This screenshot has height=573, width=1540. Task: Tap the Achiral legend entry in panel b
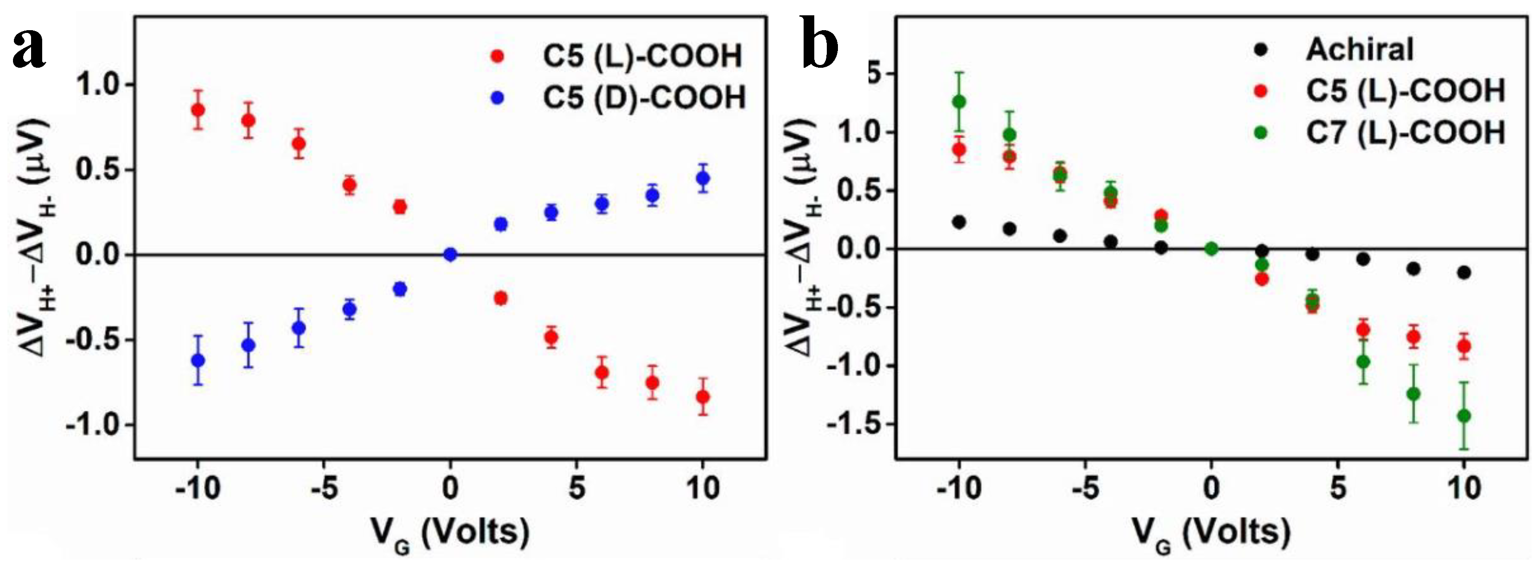pos(1359,49)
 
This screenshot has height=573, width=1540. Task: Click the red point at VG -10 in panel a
pos(198,110)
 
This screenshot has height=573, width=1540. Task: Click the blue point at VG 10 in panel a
pos(703,178)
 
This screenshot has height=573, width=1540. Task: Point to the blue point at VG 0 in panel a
pos(451,255)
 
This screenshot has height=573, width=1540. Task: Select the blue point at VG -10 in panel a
pos(198,360)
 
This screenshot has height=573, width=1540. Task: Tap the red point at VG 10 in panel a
pos(703,397)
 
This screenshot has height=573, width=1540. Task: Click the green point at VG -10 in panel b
pos(959,102)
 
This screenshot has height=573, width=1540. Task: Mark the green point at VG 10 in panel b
pos(1464,416)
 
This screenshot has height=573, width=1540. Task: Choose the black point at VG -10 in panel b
pos(959,222)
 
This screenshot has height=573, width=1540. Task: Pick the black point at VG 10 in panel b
pos(1464,273)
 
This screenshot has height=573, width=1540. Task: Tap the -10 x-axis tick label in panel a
pos(198,489)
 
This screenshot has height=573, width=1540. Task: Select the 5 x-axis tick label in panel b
pos(1338,489)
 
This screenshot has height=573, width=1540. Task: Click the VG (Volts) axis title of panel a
pos(449,532)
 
